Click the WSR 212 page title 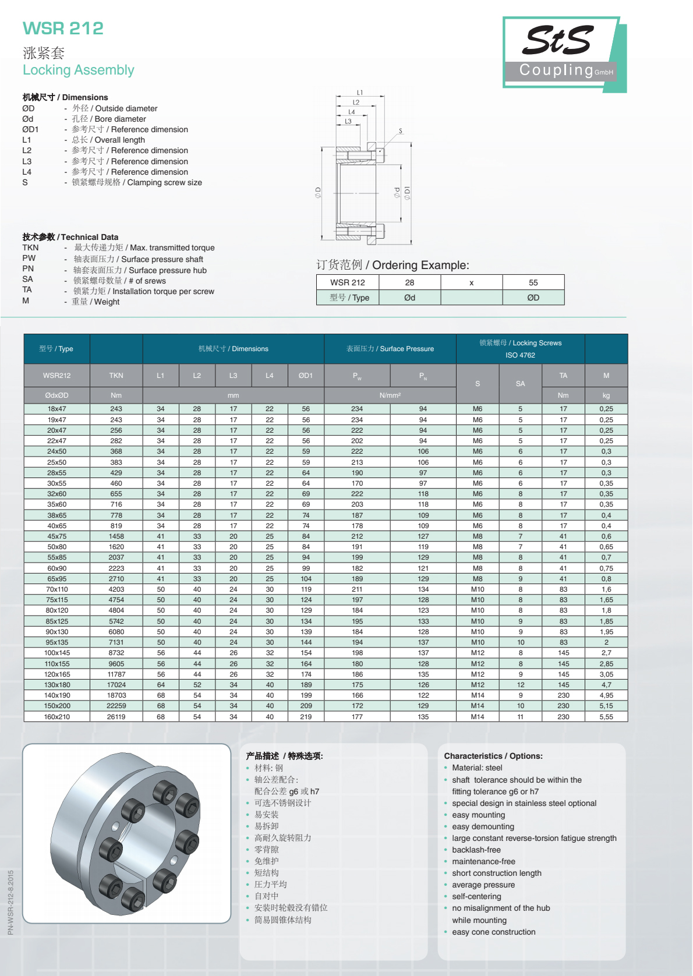coord(63,28)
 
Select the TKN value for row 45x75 coord(116,536)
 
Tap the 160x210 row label coord(56,717)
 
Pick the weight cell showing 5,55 coord(606,717)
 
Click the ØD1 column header coord(305,376)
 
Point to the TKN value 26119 coord(116,717)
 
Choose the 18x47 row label coord(56,409)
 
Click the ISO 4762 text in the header coord(520,355)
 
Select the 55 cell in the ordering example coord(533,282)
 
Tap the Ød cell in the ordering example coord(409,298)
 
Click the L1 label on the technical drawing coord(360,93)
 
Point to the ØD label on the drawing coord(318,192)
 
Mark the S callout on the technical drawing coord(401,131)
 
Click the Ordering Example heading coord(393,265)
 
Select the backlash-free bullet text coord(476,850)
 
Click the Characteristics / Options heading coord(493,756)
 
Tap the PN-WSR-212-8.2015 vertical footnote coord(10,902)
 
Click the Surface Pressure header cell coord(390,349)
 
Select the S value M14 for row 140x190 coord(477,695)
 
